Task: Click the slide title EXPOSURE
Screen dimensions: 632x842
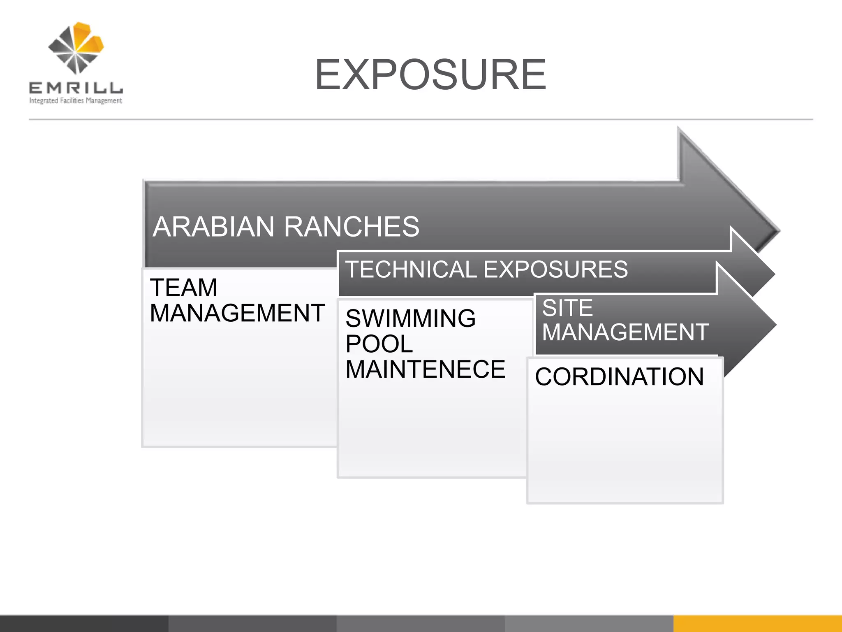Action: pyautogui.click(x=430, y=74)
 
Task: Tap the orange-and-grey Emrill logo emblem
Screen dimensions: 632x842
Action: pyautogui.click(x=76, y=48)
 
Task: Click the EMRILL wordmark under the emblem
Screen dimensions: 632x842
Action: pyautogui.click(x=76, y=88)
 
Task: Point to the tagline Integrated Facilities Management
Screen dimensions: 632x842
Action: pyautogui.click(x=76, y=100)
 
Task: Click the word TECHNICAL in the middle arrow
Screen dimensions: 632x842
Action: pyautogui.click(x=411, y=270)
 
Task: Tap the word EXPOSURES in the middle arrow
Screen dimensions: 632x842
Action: pyautogui.click(x=555, y=270)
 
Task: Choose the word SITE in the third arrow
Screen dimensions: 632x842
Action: pyautogui.click(x=567, y=308)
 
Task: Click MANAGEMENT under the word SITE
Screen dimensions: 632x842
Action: pyautogui.click(x=625, y=332)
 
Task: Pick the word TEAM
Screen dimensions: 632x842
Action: pyautogui.click(x=183, y=287)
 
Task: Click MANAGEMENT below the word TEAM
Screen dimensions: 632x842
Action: pyautogui.click(x=237, y=313)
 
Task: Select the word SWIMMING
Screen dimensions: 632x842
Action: pyautogui.click(x=410, y=318)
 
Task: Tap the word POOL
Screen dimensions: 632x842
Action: pyautogui.click(x=379, y=344)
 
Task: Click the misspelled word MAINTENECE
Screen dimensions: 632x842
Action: pyautogui.click(x=425, y=369)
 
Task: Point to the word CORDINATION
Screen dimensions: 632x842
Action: pyautogui.click(x=619, y=376)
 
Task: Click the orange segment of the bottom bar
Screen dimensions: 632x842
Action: pyautogui.click(x=757, y=623)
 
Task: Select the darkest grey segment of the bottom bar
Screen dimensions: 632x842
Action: pyautogui.click(x=84, y=623)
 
